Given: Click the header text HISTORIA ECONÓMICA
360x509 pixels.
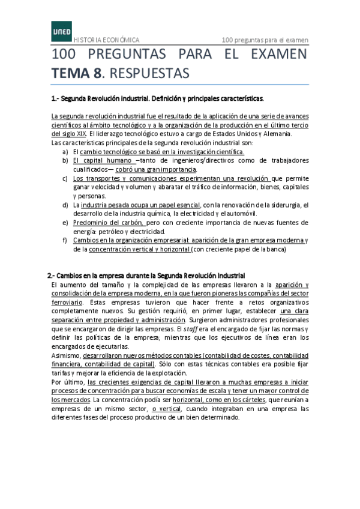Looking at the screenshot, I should tap(106, 40).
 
